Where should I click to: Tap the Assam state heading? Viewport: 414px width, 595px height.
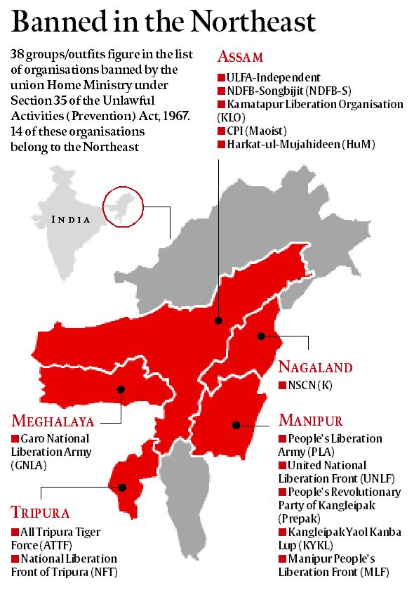point(243,56)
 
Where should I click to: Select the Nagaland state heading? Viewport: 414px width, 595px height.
point(315,367)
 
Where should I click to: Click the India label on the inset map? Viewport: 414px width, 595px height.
point(71,219)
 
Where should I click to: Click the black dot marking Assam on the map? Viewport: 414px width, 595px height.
point(219,320)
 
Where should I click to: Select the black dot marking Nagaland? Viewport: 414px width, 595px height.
point(260,336)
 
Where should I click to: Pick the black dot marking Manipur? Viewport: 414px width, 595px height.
point(237,425)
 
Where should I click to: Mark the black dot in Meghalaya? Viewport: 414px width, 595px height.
point(121,389)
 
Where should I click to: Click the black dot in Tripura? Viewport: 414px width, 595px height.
point(123,487)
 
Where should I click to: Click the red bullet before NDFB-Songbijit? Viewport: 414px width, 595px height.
point(221,91)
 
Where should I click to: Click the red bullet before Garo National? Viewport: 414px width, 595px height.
point(15,438)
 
